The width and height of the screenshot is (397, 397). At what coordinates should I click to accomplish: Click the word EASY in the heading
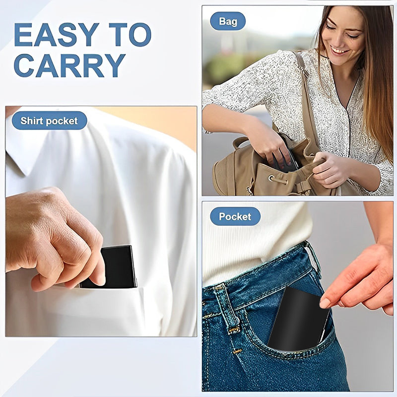[x=56, y=35]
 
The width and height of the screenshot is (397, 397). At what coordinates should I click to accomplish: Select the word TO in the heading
[x=130, y=35]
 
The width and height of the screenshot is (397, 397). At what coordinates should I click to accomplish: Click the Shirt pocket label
[x=49, y=121]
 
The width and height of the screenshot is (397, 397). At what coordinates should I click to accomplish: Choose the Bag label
[x=228, y=21]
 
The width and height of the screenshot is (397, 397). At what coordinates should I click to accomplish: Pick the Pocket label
[x=235, y=216]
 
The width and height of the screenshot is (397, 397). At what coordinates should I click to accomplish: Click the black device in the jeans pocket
[x=298, y=318]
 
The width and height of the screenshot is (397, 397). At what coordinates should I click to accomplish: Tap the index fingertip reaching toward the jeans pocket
[x=325, y=302]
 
